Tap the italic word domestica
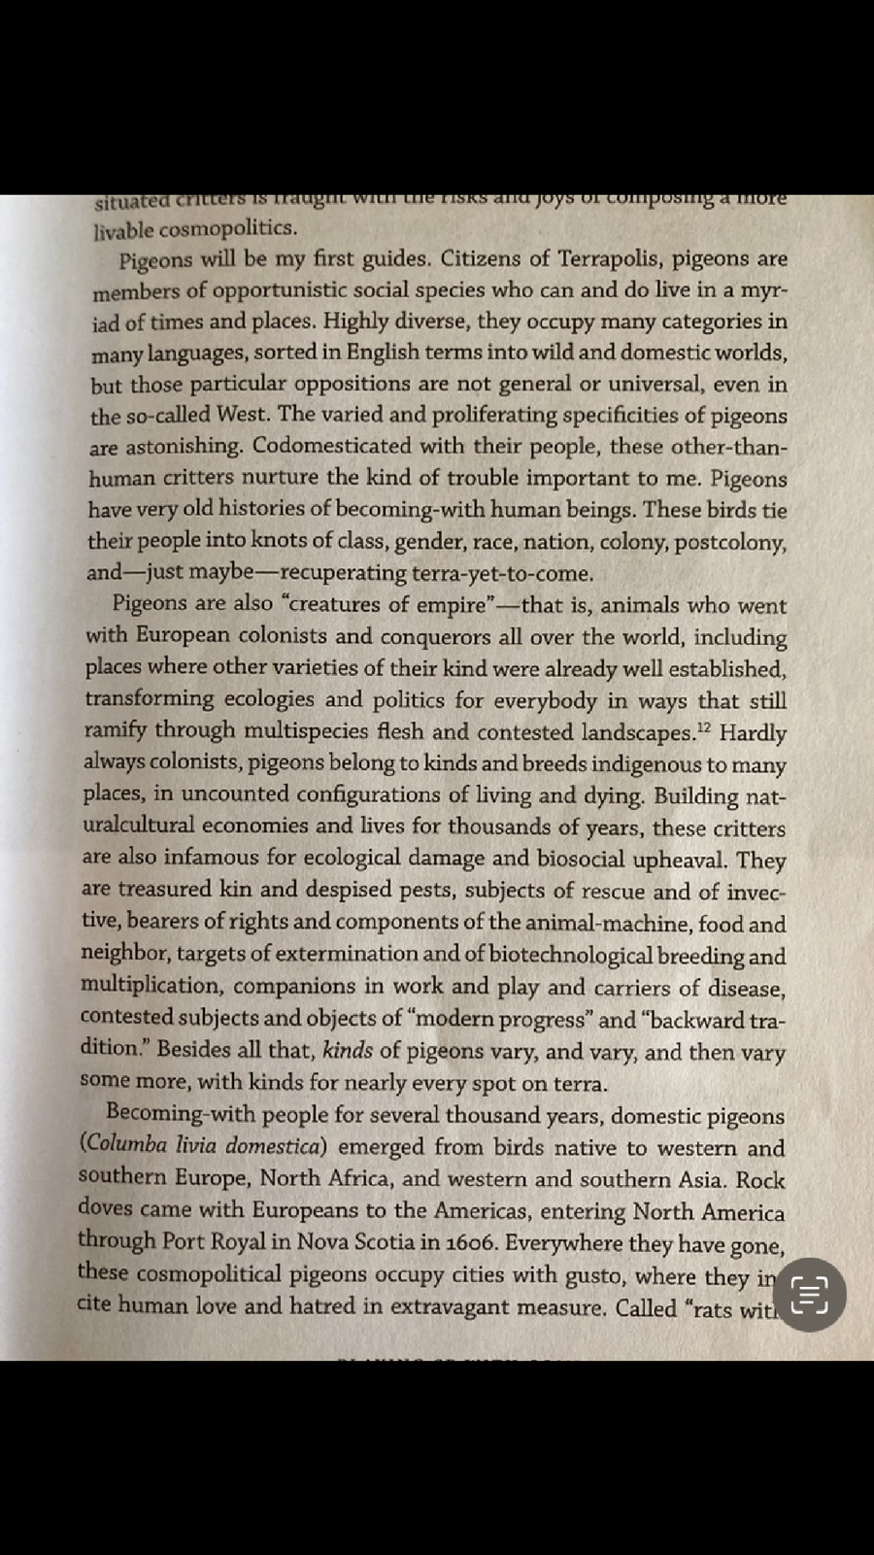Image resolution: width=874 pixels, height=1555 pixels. click(273, 1145)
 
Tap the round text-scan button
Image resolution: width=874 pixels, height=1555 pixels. click(810, 1295)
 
